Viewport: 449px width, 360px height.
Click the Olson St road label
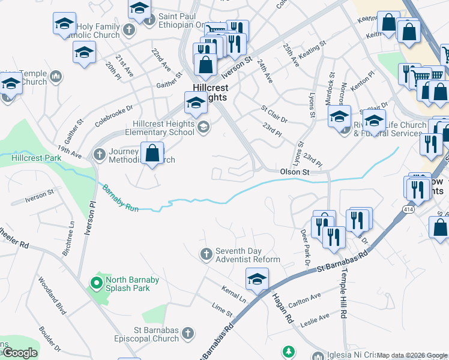[x=295, y=172]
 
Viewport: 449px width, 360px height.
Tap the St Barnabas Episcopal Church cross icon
[x=188, y=332]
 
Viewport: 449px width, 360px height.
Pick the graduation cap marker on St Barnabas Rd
[x=257, y=279]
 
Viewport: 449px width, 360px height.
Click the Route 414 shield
[x=408, y=209]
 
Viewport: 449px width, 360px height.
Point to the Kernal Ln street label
[x=234, y=295]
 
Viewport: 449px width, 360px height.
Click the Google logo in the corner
[x=20, y=353]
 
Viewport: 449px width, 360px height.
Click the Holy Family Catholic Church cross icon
[x=128, y=30]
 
